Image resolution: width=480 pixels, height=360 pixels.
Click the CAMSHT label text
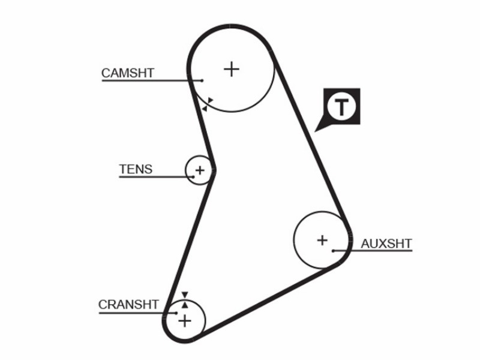[x=128, y=73]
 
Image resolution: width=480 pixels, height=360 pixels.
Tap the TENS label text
[x=136, y=169]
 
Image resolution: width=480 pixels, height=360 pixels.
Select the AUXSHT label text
[x=386, y=244]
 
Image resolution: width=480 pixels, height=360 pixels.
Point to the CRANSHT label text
[x=128, y=305]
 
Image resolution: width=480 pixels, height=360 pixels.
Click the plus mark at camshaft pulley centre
[x=232, y=69]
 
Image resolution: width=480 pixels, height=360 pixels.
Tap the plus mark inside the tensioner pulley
[x=200, y=170]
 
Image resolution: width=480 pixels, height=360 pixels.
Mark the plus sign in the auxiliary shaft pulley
[x=322, y=241]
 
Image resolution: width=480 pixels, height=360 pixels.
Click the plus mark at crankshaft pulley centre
[x=185, y=321]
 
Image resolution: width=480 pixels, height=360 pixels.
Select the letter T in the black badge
[x=341, y=107]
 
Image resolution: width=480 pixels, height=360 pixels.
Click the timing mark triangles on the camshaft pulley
[x=208, y=104]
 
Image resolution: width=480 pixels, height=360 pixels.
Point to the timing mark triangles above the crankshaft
[x=185, y=300]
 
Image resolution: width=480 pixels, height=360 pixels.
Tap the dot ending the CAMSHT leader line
[x=202, y=80]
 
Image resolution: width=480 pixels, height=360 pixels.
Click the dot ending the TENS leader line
[x=193, y=177]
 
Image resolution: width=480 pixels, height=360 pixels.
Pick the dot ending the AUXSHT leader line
[x=333, y=251]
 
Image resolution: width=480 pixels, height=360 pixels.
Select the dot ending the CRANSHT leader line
[x=176, y=313]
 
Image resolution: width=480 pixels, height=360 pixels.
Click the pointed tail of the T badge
[x=315, y=132]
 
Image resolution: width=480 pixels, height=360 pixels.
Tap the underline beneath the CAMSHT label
[x=152, y=80]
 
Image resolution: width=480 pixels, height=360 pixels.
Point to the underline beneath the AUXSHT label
[x=373, y=251]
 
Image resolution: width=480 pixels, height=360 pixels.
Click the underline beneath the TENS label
[x=156, y=177]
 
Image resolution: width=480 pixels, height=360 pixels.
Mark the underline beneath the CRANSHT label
[x=138, y=313]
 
